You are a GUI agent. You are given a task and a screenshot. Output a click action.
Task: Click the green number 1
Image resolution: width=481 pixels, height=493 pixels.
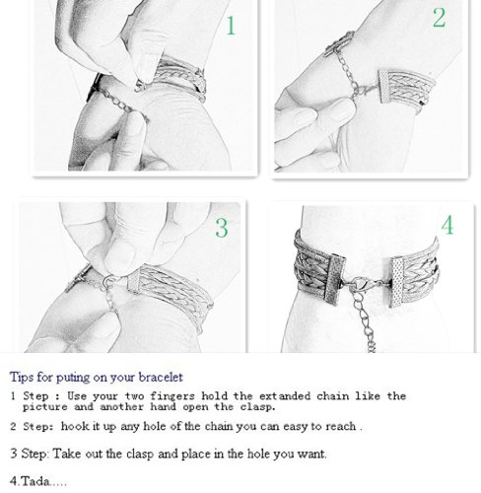point(231,26)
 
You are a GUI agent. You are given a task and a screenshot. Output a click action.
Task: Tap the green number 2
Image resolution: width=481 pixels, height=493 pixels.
point(440,18)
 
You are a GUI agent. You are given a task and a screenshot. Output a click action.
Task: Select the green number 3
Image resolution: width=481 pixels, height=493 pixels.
point(222,228)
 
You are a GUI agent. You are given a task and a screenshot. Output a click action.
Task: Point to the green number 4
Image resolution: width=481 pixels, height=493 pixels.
point(447,225)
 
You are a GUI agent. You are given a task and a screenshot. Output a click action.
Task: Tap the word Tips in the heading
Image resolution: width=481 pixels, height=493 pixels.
point(22,377)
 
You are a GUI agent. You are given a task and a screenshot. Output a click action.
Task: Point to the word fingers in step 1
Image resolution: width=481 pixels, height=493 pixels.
point(172,396)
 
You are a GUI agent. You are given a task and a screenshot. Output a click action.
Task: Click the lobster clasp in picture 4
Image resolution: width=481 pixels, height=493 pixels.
point(361,284)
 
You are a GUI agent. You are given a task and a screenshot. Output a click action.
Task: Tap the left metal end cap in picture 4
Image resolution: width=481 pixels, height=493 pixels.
point(334,279)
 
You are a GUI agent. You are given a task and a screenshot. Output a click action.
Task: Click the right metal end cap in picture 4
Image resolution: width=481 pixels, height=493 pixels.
point(398,282)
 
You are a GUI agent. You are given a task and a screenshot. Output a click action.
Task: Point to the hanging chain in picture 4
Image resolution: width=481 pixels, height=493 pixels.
point(365,320)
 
